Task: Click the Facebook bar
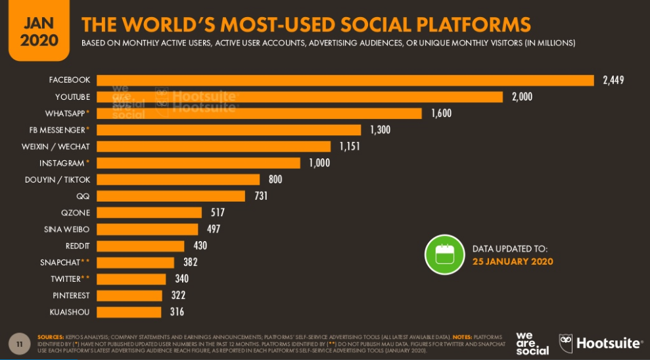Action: coord(345,80)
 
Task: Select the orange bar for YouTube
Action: coord(300,97)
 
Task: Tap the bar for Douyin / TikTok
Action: coord(178,179)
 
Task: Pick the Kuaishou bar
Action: coord(129,311)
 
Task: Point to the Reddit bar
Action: coord(141,246)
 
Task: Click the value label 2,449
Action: coord(613,80)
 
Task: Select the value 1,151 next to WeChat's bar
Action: coord(350,146)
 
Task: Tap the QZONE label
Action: coord(75,213)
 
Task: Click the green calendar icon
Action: coord(444,254)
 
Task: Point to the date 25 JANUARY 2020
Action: coord(513,261)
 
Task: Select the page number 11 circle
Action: coord(20,343)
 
